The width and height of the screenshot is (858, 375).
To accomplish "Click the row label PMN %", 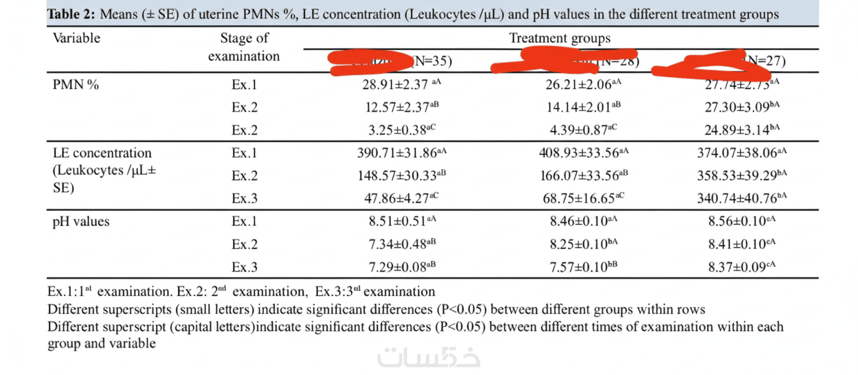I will click(x=76, y=85).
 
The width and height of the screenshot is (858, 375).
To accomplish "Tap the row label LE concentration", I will click(x=102, y=152).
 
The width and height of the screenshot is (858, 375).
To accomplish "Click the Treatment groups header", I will click(x=560, y=38).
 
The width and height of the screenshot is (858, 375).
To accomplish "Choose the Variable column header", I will click(x=77, y=38).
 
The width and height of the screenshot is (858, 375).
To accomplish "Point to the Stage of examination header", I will click(x=244, y=47).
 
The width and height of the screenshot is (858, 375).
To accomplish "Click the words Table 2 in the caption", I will click(x=71, y=15).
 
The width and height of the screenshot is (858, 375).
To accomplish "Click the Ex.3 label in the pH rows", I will click(x=244, y=267).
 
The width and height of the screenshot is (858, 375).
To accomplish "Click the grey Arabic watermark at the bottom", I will click(x=428, y=358).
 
